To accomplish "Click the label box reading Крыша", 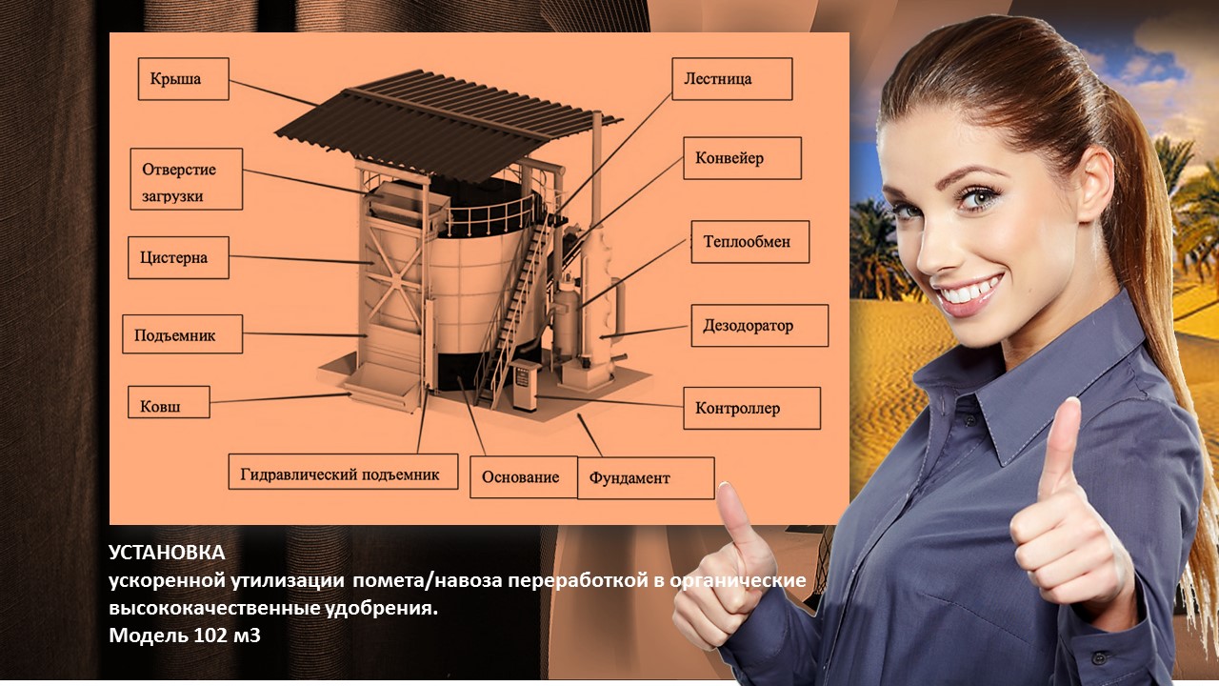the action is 184,79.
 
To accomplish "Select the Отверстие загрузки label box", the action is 186,179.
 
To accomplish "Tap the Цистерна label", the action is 178,257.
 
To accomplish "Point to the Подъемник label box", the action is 182,334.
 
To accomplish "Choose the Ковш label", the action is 169,402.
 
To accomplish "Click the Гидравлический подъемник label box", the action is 343,472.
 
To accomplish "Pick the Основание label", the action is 524,477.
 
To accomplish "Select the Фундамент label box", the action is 646,478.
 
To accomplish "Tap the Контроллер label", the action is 752,409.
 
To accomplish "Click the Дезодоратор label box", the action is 760,326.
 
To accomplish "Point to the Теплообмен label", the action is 749,242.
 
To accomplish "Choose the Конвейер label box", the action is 742,158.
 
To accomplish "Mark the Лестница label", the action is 732,79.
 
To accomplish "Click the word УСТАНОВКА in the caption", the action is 167,553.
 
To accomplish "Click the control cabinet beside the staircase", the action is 525,384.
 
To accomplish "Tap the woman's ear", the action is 1094,182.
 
